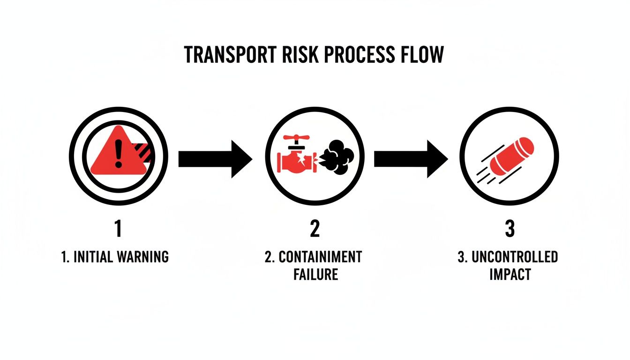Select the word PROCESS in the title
pos(357,55)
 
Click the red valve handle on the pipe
pos(296,139)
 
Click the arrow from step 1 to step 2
pos(215,159)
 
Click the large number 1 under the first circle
pos(118,229)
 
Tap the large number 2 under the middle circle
pos(315,229)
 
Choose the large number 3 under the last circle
pos(510,229)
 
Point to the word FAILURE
pos(315,274)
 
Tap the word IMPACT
pos(510,274)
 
